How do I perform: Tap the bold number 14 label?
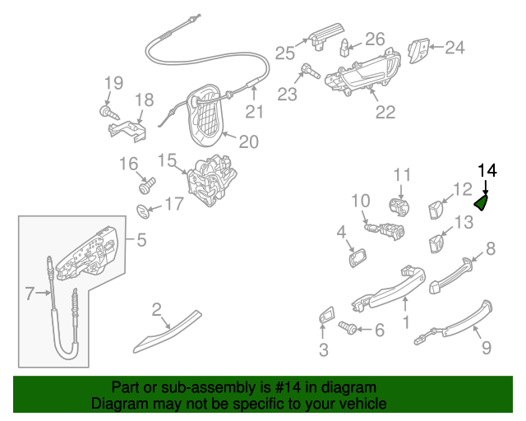point(487,170)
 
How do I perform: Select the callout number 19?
point(113,82)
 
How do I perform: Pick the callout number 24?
point(454,48)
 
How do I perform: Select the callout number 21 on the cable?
point(255,113)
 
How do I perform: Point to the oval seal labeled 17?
point(144,210)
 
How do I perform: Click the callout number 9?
point(486,349)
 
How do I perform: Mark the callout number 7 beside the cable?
point(30,292)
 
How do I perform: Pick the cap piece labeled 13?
point(435,243)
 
